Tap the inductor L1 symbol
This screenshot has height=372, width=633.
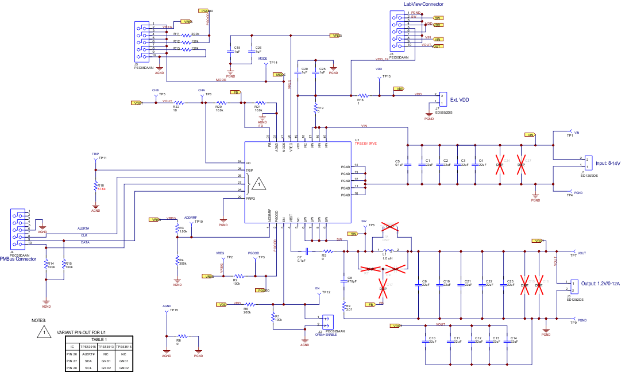tap(388, 251)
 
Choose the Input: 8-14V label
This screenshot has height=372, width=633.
tap(611, 163)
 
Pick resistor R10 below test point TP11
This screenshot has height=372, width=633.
tap(96, 187)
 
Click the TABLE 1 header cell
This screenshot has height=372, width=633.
tap(98, 340)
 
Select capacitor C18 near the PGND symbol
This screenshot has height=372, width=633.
tap(234, 51)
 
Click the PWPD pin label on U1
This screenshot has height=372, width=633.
tap(250, 199)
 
